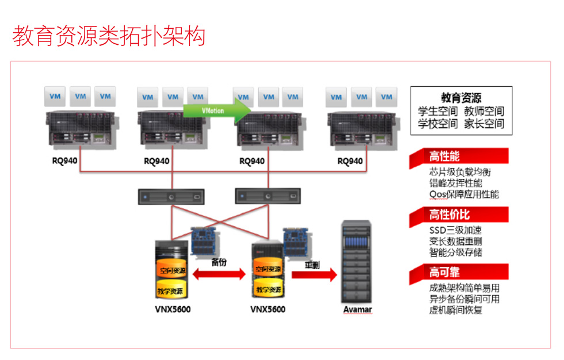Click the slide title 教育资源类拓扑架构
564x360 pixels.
tap(109, 36)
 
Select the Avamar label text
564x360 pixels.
tap(357, 310)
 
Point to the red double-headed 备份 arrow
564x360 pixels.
tap(219, 275)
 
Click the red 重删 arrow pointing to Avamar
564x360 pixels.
tap(313, 274)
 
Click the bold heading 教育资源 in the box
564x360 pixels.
tap(461, 98)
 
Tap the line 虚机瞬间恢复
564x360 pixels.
tap(456, 311)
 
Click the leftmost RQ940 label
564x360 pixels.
tap(64, 160)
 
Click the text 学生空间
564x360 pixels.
tap(438, 111)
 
